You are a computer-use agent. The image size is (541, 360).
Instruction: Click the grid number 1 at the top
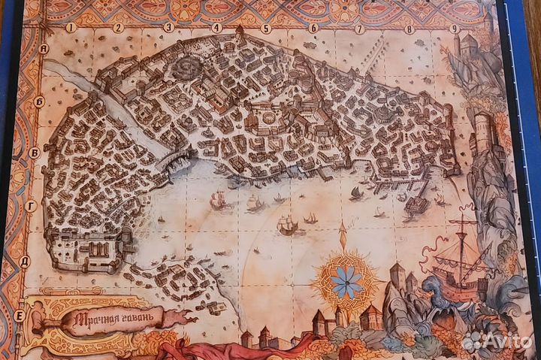[x=71, y=28]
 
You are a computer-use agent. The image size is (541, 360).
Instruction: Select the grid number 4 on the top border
[x=216, y=29]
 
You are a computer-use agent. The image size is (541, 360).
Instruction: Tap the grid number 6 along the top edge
[x=313, y=29]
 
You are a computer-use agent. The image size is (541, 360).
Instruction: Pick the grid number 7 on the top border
[x=360, y=29]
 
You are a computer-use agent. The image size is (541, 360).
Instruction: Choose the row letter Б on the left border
[x=39, y=101]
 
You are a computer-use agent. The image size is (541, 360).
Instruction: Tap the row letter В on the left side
[x=34, y=153]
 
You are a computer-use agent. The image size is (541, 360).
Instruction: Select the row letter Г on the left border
[x=31, y=204]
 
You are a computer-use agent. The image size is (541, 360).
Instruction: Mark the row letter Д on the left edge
[x=25, y=262]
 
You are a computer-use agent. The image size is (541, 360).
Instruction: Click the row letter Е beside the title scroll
[x=19, y=316]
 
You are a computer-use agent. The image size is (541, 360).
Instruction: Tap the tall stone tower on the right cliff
[x=482, y=135]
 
